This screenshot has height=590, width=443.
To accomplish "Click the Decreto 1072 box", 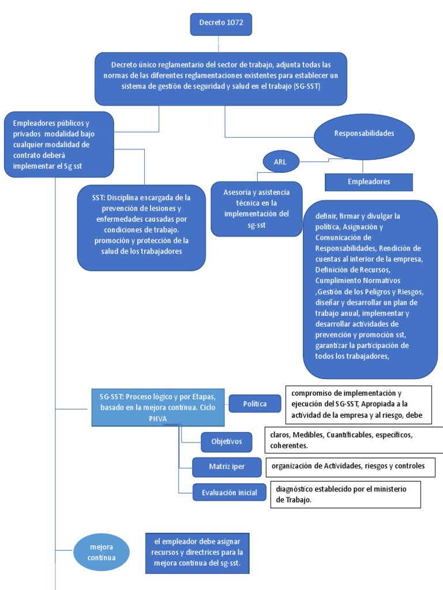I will (221, 24).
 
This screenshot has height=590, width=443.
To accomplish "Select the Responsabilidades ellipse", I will (364, 134).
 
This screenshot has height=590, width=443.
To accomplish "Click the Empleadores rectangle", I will (369, 182).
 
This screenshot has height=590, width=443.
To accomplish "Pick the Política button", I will (255, 404).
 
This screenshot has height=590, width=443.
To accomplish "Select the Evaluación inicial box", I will (229, 492).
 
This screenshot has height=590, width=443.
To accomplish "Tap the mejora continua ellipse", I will (102, 552).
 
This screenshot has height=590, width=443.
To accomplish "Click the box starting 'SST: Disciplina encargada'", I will (141, 227).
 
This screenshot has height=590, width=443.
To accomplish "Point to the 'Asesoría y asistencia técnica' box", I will (257, 208).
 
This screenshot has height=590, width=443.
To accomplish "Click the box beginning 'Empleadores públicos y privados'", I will (59, 145).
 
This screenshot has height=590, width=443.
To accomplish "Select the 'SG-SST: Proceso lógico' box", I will (157, 407).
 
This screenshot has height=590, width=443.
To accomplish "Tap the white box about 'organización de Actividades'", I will (350, 467).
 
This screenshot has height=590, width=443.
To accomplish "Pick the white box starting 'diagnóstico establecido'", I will (346, 494).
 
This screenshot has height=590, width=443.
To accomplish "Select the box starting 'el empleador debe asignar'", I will (197, 553).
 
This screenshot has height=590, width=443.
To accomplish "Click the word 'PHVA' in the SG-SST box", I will (157, 419).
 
